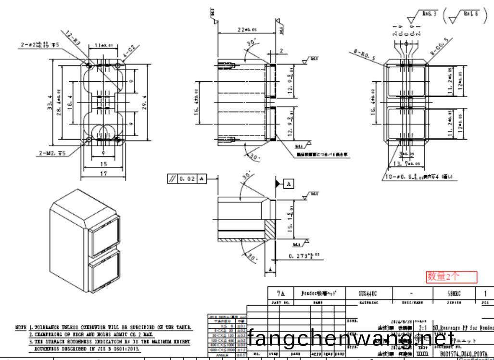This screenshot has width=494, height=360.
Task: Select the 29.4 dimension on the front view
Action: [x=144, y=102]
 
